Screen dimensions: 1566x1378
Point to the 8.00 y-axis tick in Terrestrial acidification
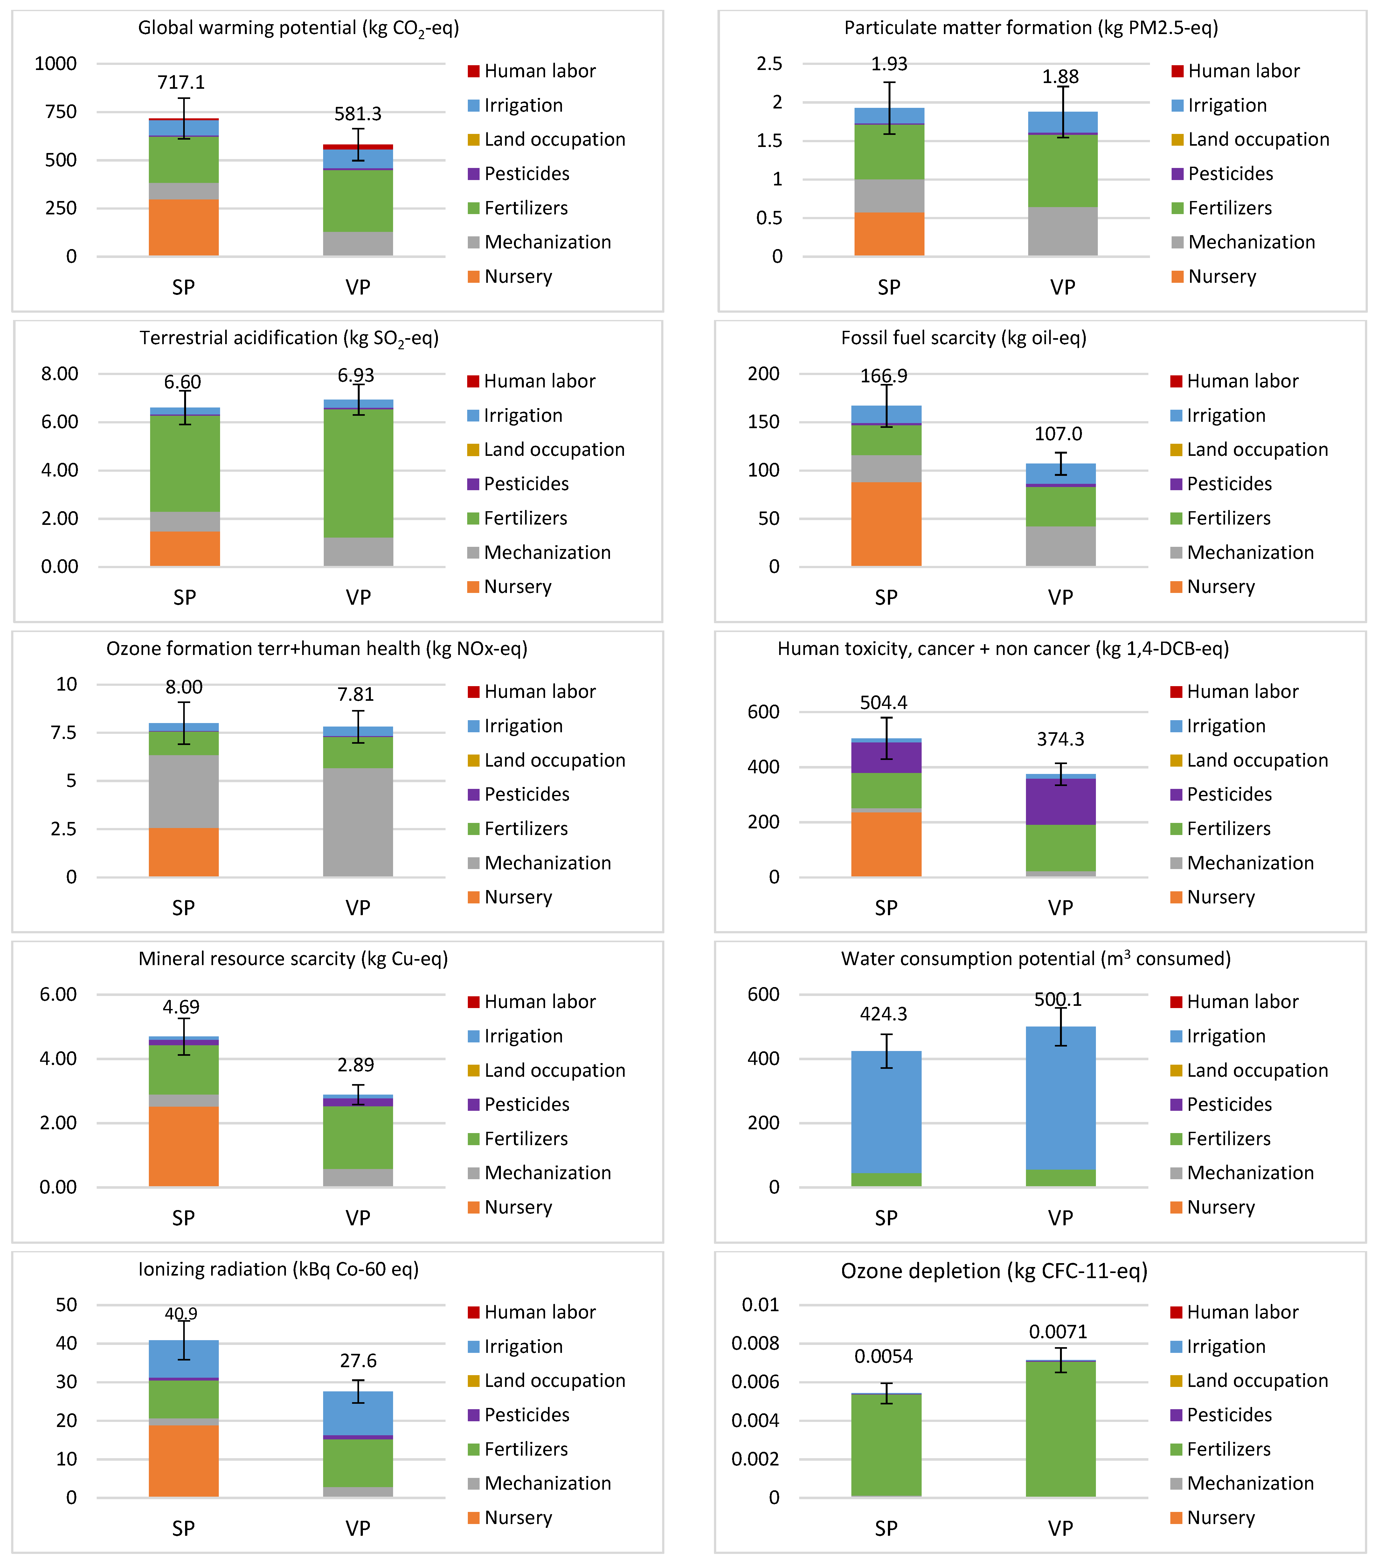[x=60, y=374]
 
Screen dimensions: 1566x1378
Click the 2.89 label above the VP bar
[x=356, y=1065]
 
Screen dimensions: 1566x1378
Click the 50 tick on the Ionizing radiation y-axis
[x=67, y=1305]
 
